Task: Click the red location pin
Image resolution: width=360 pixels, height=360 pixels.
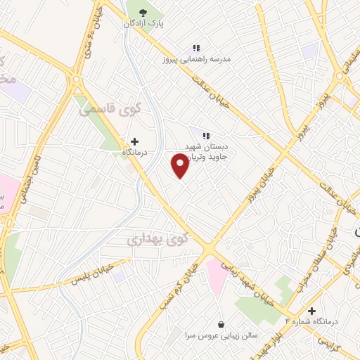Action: [181, 165]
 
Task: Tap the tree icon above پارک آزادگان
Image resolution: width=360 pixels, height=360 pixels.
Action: [143, 12]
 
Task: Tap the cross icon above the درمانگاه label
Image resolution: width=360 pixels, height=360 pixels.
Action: [134, 141]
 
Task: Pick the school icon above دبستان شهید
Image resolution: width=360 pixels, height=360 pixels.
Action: [206, 135]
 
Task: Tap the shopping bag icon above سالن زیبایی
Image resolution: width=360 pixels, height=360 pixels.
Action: [222, 324]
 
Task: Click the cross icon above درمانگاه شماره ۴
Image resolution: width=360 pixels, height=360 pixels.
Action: [311, 310]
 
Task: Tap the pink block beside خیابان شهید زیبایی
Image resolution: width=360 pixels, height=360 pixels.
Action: [216, 275]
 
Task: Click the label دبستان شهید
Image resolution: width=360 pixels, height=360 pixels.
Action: [204, 146]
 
